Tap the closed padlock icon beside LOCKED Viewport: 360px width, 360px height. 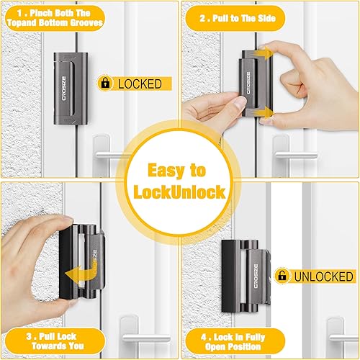106,84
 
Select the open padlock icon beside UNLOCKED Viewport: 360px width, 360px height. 282,276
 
